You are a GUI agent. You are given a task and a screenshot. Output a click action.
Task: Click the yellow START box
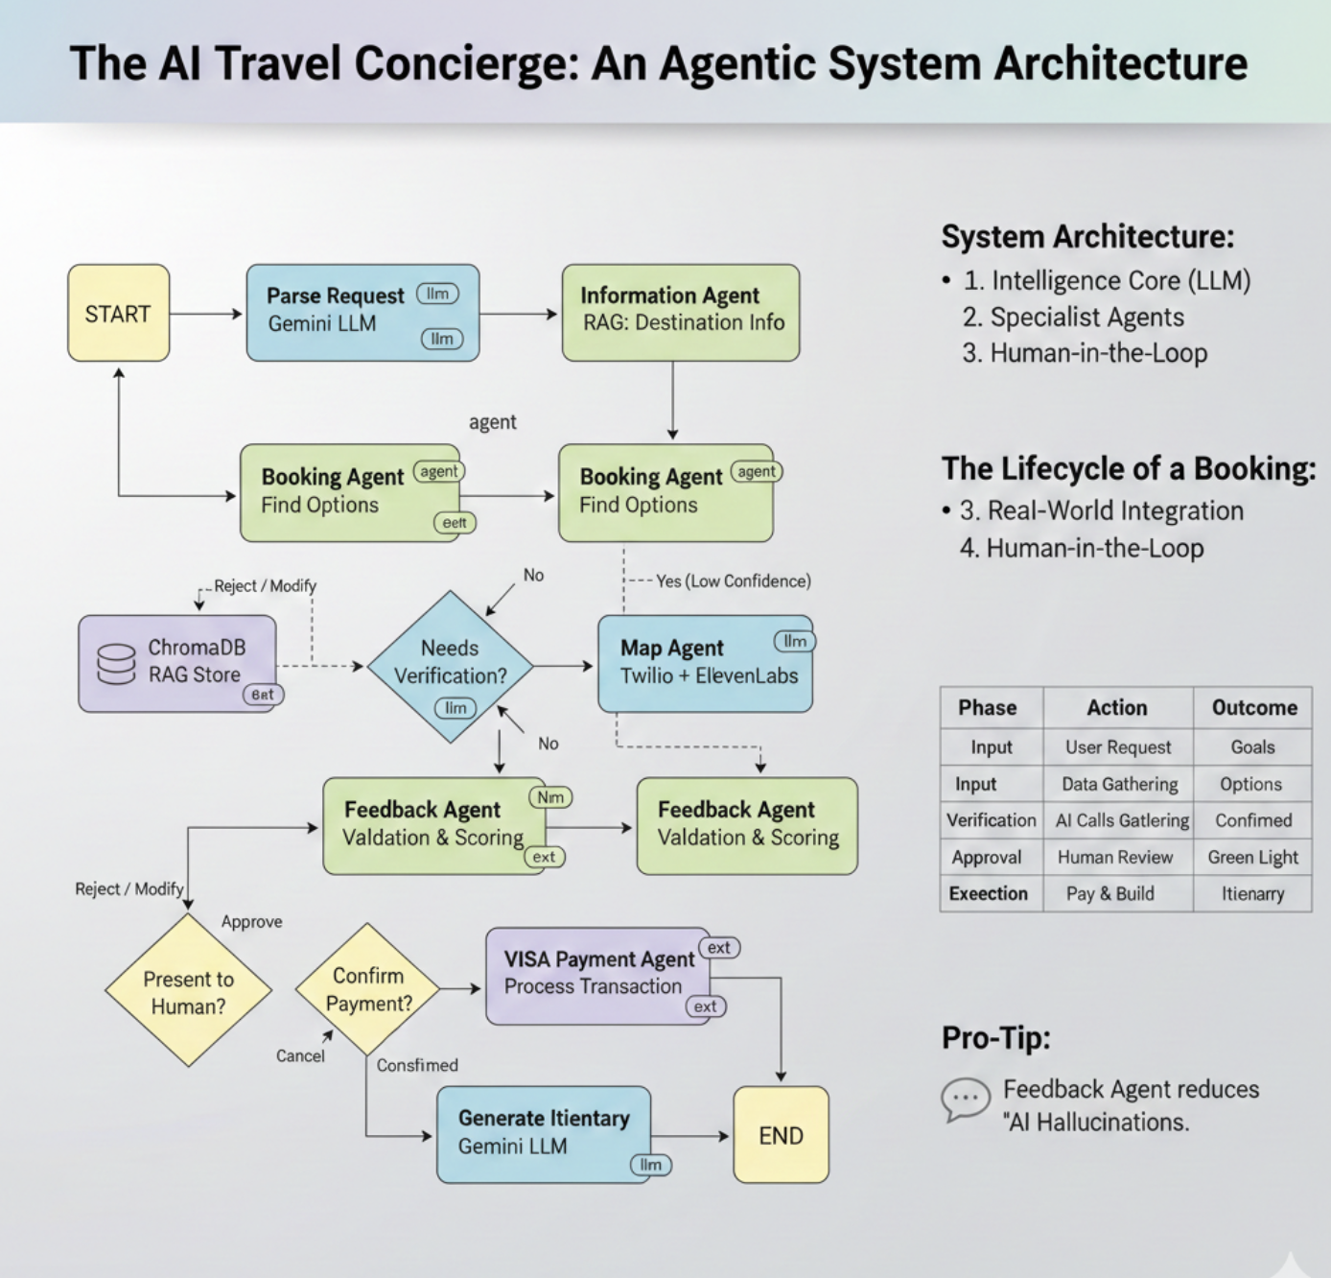click(118, 314)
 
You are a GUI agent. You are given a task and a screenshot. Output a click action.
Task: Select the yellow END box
click(781, 1135)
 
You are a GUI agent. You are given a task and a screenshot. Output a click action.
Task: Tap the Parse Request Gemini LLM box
click(362, 313)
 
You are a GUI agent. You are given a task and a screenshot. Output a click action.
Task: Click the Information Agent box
click(680, 313)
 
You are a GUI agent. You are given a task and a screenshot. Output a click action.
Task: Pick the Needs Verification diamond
click(450, 666)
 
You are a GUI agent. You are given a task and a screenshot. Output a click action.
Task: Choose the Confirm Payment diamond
click(368, 989)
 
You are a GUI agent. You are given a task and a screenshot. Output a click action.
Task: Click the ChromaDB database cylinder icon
click(116, 664)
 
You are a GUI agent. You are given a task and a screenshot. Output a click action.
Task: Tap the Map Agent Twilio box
click(705, 664)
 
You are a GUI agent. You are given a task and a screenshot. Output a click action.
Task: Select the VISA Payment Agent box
click(598, 975)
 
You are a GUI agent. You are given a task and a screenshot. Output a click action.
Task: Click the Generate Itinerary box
click(543, 1134)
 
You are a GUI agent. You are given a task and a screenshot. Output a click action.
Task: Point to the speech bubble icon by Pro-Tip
click(965, 1099)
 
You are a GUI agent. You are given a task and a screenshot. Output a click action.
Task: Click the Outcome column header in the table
click(1253, 708)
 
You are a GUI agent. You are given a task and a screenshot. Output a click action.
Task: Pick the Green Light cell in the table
click(1252, 858)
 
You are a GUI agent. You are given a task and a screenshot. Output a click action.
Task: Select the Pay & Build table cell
click(1110, 894)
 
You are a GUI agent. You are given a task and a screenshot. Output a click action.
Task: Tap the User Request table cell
click(1118, 747)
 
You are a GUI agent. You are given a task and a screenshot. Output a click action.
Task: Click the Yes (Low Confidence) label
click(733, 581)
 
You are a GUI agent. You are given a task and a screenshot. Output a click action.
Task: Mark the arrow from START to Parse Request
click(206, 314)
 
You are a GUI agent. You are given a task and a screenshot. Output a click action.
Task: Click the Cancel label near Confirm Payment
click(300, 1055)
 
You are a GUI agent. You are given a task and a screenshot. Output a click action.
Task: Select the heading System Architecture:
click(1087, 237)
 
